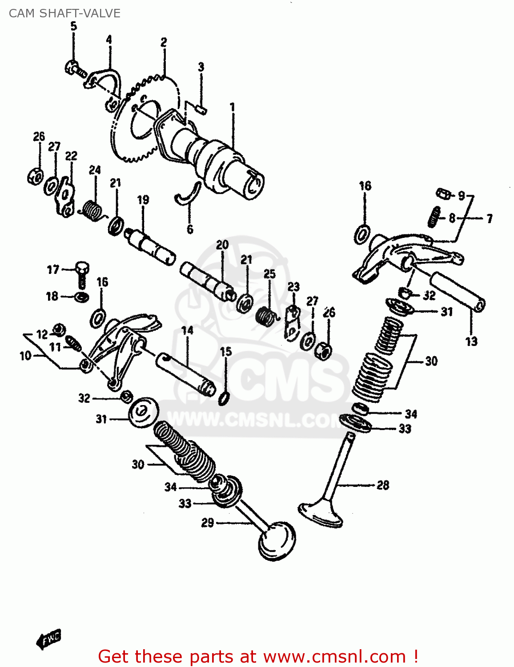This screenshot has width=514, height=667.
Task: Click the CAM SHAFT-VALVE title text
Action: pos(64,13)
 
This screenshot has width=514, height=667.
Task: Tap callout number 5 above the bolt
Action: pos(73,26)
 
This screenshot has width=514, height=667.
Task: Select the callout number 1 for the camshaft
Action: pos(232,107)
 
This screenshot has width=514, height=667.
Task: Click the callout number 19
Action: pos(143,200)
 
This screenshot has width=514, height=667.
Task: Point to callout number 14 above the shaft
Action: pos(188,330)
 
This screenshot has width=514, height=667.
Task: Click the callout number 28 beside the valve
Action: pos(383,485)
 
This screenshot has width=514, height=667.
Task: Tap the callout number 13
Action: pos(471,341)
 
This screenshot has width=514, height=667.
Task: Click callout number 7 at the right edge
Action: pos(489,218)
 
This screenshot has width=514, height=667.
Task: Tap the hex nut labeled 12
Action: pos(58,330)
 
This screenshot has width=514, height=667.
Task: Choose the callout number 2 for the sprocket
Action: pos(164,43)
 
